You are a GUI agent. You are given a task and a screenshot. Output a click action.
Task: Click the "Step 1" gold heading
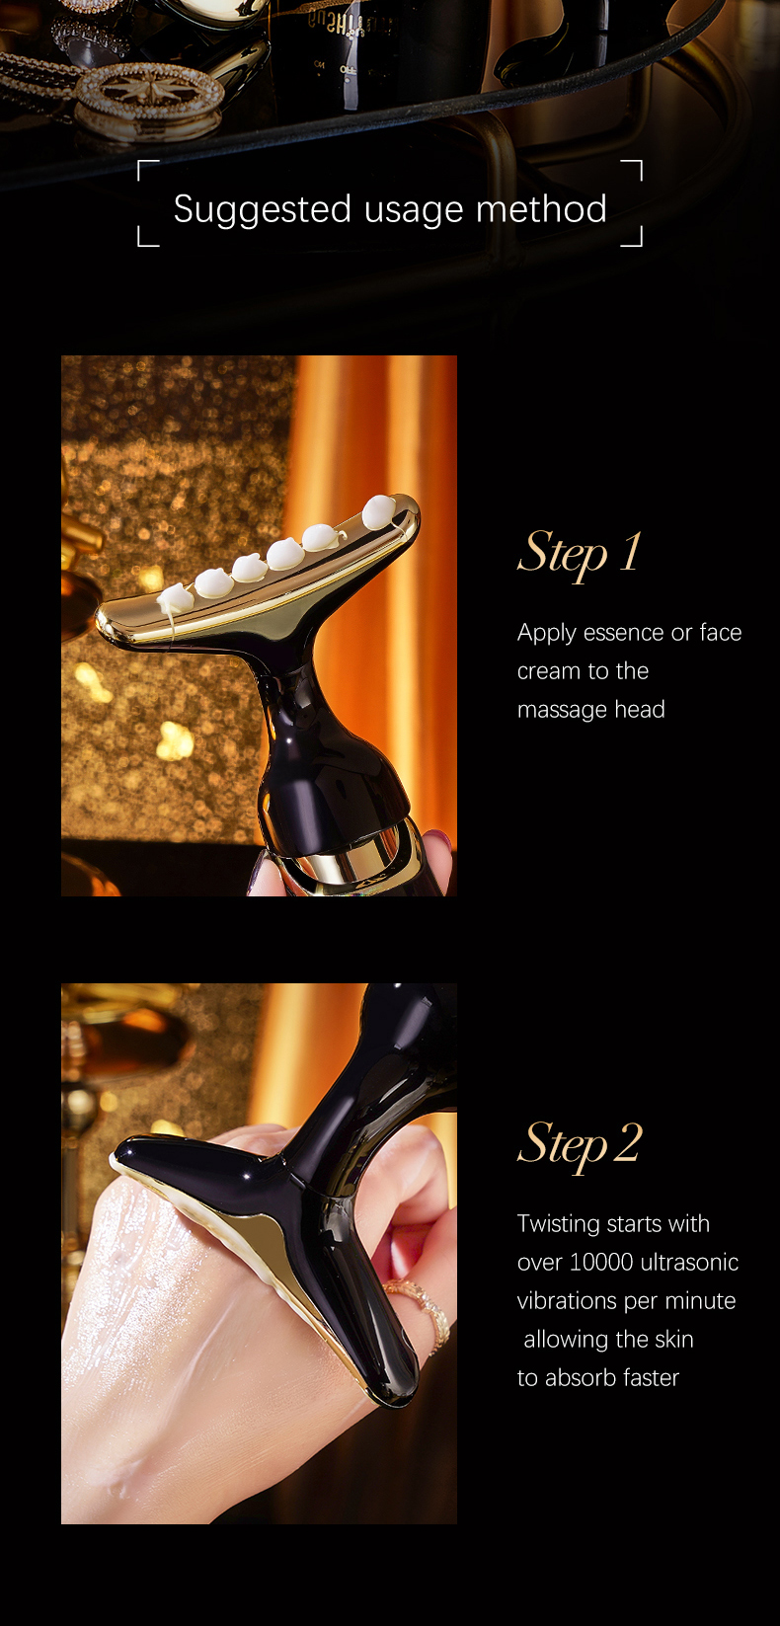(580, 553)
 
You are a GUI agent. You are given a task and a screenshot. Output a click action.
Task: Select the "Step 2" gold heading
(580, 1145)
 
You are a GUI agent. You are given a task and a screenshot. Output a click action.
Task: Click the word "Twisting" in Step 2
(559, 1223)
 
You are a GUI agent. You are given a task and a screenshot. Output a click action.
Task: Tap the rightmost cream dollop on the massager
(379, 511)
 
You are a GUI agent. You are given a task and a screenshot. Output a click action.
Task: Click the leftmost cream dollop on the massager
(175, 597)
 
